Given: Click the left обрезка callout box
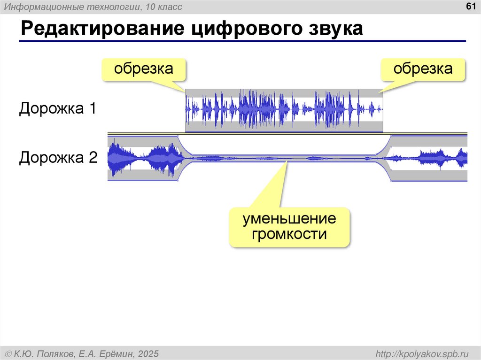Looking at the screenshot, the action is pyautogui.click(x=144, y=69).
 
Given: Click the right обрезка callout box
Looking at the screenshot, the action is pyautogui.click(x=423, y=69).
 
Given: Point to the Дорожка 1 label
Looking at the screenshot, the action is pyautogui.click(x=57, y=109).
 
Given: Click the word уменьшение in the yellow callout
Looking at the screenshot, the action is pyautogui.click(x=289, y=219).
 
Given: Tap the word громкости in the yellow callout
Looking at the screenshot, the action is pyautogui.click(x=289, y=234).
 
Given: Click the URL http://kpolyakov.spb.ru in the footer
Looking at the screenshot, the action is pyautogui.click(x=423, y=353).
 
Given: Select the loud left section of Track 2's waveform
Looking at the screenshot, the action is pyautogui.click(x=144, y=159).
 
